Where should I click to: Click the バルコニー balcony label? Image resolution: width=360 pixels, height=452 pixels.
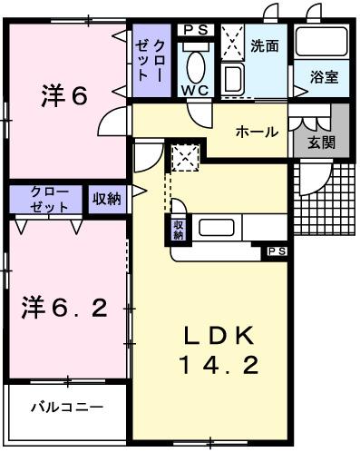(63, 406)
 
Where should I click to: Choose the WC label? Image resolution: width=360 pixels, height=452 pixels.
(194, 91)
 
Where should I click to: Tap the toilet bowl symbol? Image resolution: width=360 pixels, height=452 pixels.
(194, 64)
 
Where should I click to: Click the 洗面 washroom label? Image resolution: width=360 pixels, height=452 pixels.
(264, 44)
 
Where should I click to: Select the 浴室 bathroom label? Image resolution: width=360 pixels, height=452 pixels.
(324, 77)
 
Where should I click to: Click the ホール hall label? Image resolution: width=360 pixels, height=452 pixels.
(257, 133)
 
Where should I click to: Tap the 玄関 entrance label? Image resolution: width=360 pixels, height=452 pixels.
(321, 142)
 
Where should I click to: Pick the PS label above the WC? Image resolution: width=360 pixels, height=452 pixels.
(193, 30)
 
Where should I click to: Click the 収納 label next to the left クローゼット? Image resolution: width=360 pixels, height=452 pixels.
(107, 199)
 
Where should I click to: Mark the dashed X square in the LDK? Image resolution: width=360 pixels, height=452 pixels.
(186, 157)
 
